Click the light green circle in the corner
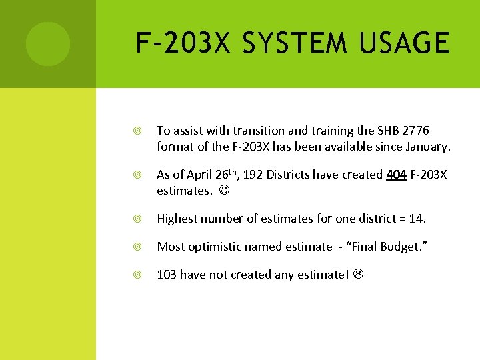[47, 44]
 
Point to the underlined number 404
[397, 175]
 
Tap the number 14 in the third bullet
[417, 218]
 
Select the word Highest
[179, 218]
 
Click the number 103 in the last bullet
[167, 275]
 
